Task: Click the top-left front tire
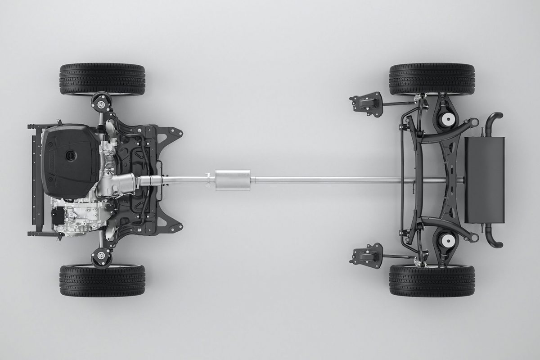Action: pos(102,79)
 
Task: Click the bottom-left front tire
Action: pos(102,280)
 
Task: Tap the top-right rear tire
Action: pos(432,79)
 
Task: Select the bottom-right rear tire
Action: pos(432,280)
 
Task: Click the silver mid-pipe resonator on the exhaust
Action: pos(232,180)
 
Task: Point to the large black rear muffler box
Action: pos(484,180)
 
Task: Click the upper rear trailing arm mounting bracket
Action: pos(367,104)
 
